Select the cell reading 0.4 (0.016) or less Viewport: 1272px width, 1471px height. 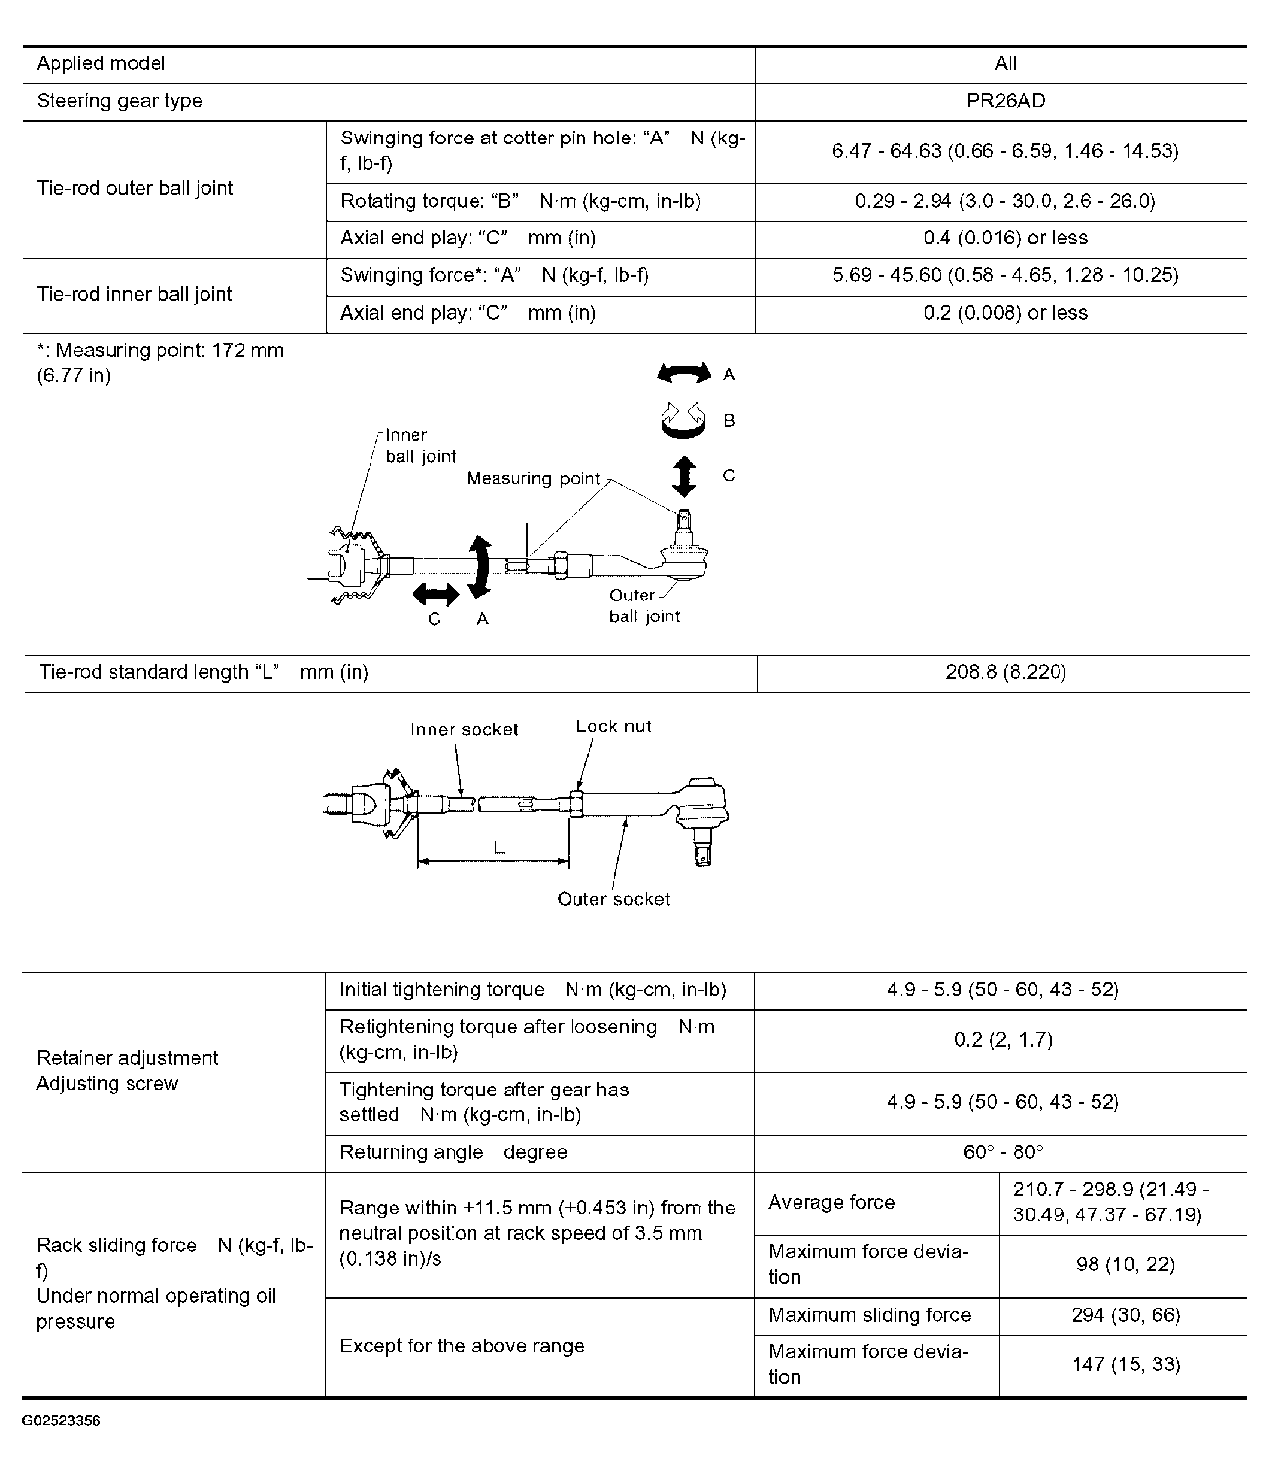pyautogui.click(x=1005, y=238)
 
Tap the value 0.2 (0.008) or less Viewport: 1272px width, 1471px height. pyautogui.click(x=1005, y=313)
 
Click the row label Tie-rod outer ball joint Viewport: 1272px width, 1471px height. pyautogui.click(x=135, y=188)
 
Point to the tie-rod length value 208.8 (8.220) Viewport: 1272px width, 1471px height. pyautogui.click(x=1005, y=672)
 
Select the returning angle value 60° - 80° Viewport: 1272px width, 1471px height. pyautogui.click(x=1003, y=1152)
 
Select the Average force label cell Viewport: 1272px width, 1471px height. pyautogui.click(x=832, y=1202)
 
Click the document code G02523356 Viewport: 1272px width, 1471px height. pyautogui.click(x=61, y=1421)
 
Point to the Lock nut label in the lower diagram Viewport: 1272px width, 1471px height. pyautogui.click(x=613, y=726)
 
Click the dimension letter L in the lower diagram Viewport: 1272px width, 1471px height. pyautogui.click(x=499, y=847)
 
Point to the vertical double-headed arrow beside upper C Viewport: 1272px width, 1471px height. pyautogui.click(x=684, y=475)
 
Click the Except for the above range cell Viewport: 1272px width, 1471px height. pyautogui.click(x=462, y=1346)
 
